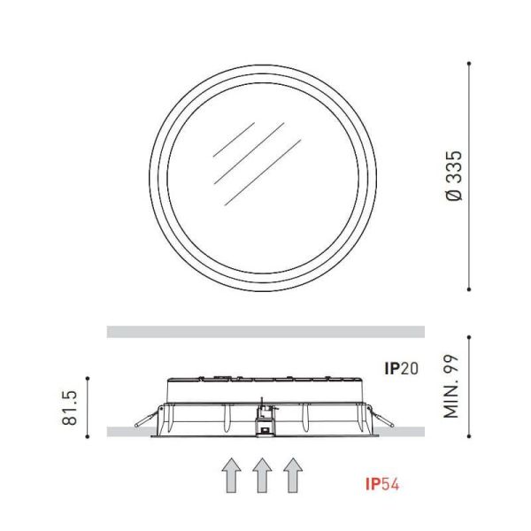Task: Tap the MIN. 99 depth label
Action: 454,387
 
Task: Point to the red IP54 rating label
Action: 387,484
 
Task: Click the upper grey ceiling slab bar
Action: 265,332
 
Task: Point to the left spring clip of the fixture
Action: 144,419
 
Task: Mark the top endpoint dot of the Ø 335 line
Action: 469,63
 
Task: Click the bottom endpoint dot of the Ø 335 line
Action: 469,289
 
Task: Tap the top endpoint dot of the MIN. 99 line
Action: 469,336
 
